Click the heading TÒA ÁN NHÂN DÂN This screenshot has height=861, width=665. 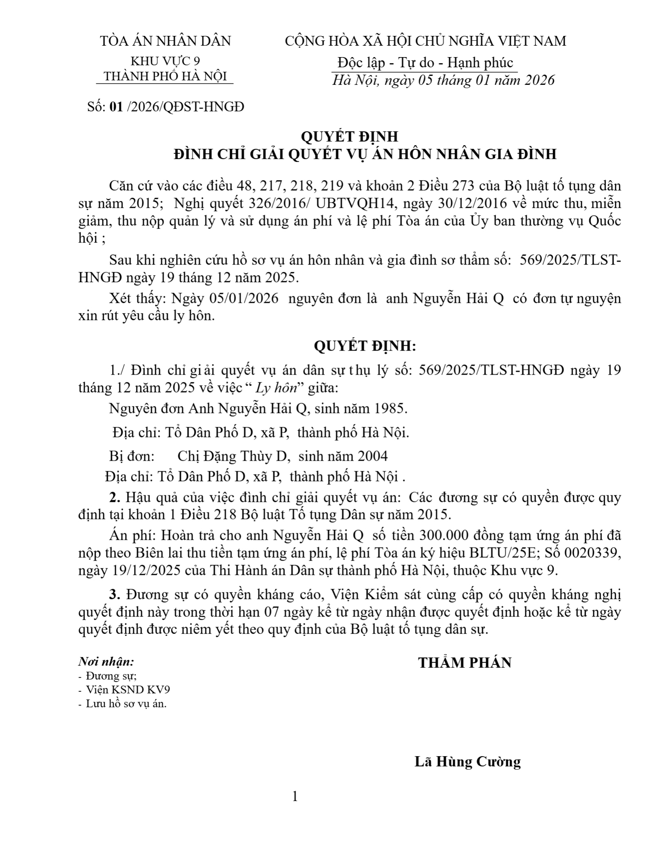pyautogui.click(x=165, y=41)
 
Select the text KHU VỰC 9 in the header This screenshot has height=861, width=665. pyautogui.click(x=165, y=61)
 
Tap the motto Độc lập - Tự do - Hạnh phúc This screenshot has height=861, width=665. pyautogui.click(x=425, y=63)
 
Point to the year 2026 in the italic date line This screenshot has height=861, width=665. pyautogui.click(x=539, y=80)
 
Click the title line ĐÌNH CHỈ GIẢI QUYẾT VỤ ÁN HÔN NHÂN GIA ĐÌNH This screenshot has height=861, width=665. pyautogui.click(x=365, y=155)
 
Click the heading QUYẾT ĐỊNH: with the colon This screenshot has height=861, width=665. pyautogui.click(x=365, y=346)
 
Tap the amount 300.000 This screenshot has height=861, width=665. pyautogui.click(x=437, y=535)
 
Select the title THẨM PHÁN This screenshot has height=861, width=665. pyautogui.click(x=465, y=663)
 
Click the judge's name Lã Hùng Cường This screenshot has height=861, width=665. pyautogui.click(x=467, y=762)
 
